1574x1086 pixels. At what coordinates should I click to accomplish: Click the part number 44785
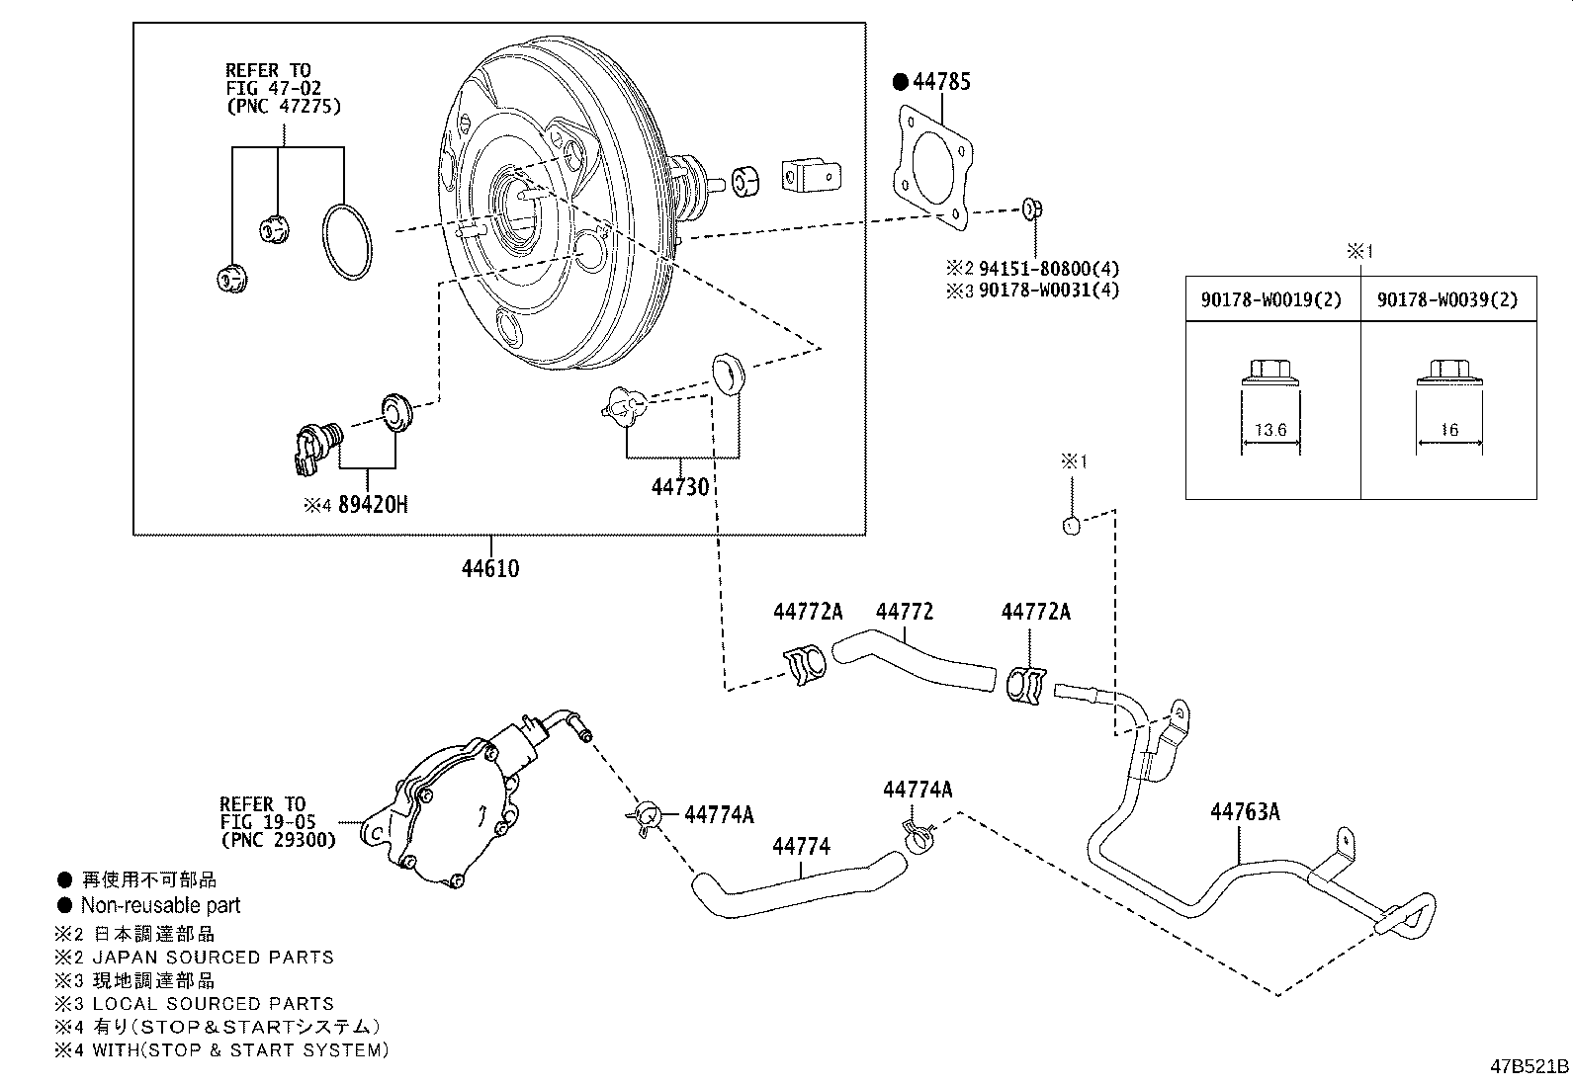[941, 81]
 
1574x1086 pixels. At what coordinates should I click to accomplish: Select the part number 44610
[490, 568]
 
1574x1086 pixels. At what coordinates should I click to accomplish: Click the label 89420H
[373, 504]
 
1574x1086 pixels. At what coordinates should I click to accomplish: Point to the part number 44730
[680, 486]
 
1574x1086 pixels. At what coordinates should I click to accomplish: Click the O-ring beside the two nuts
[346, 242]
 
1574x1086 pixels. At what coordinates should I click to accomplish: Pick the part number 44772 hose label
[905, 611]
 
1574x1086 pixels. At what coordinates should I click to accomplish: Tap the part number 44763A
[1245, 812]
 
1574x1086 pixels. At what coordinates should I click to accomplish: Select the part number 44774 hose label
[801, 846]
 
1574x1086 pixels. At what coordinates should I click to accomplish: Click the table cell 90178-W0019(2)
[1271, 300]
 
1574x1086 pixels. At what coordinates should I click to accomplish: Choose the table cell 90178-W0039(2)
[1447, 300]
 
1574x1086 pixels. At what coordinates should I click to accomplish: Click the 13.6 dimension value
[1270, 429]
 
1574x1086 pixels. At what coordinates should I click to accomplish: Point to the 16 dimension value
[1449, 429]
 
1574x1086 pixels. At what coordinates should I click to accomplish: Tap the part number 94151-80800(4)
[1049, 269]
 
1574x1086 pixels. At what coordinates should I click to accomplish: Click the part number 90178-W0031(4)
[1049, 291]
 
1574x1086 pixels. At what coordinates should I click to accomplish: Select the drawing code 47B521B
[1530, 1066]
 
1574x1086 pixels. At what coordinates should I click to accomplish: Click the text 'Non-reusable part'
[161, 905]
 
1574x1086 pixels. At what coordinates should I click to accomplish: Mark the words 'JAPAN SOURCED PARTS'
[214, 958]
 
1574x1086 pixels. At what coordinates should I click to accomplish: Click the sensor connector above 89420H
[314, 449]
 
